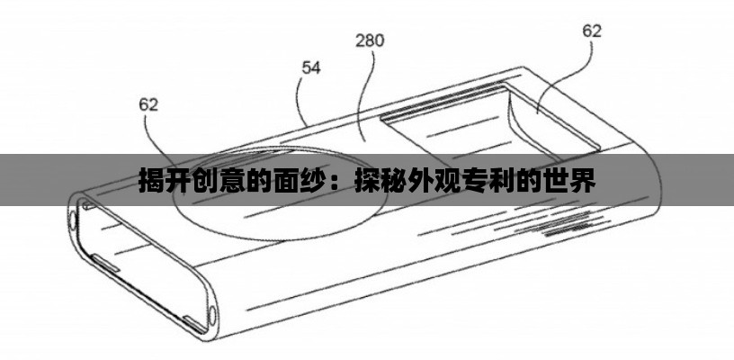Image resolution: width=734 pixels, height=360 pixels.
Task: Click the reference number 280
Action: (x=370, y=40)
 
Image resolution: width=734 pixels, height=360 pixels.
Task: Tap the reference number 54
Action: (x=310, y=68)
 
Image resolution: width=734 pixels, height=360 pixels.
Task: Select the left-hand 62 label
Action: (x=148, y=104)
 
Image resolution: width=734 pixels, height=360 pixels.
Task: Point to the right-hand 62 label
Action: (x=592, y=31)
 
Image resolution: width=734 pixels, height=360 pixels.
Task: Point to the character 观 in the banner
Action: (x=450, y=181)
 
